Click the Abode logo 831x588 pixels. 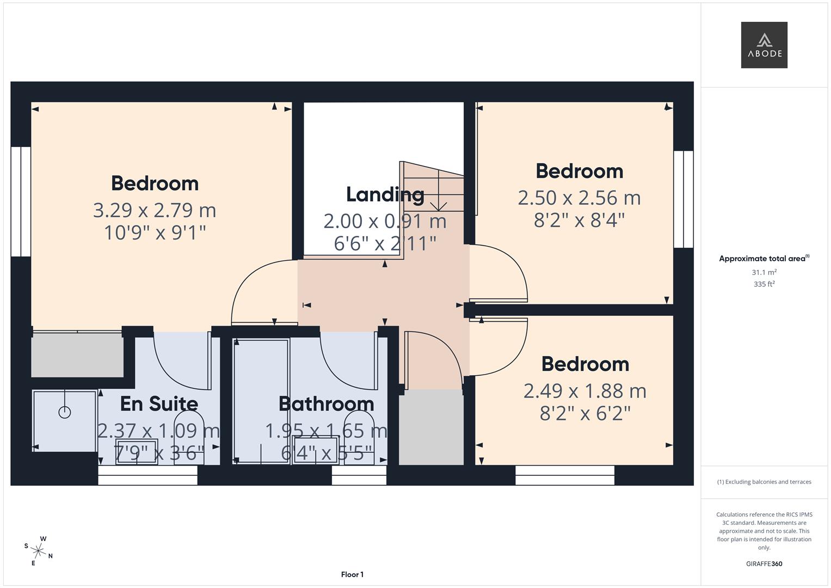click(x=764, y=45)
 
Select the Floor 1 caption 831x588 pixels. click(x=352, y=574)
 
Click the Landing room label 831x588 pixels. click(x=385, y=194)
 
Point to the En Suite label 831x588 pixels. click(x=159, y=403)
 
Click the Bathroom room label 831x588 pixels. click(x=326, y=403)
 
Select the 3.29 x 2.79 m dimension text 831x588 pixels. click(x=155, y=210)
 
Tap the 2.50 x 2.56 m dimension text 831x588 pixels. click(x=579, y=198)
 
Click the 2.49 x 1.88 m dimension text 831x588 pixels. click(x=584, y=391)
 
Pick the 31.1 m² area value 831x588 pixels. click(x=764, y=272)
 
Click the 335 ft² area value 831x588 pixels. click(x=764, y=284)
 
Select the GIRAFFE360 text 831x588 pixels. click(x=764, y=563)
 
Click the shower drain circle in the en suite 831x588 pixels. click(x=65, y=413)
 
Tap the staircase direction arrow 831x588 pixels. click(x=438, y=205)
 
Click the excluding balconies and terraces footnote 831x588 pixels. click(x=764, y=482)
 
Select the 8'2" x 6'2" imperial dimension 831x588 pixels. click(x=584, y=414)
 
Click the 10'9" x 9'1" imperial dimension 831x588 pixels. click(x=155, y=233)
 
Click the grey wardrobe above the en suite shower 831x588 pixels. click(x=77, y=355)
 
